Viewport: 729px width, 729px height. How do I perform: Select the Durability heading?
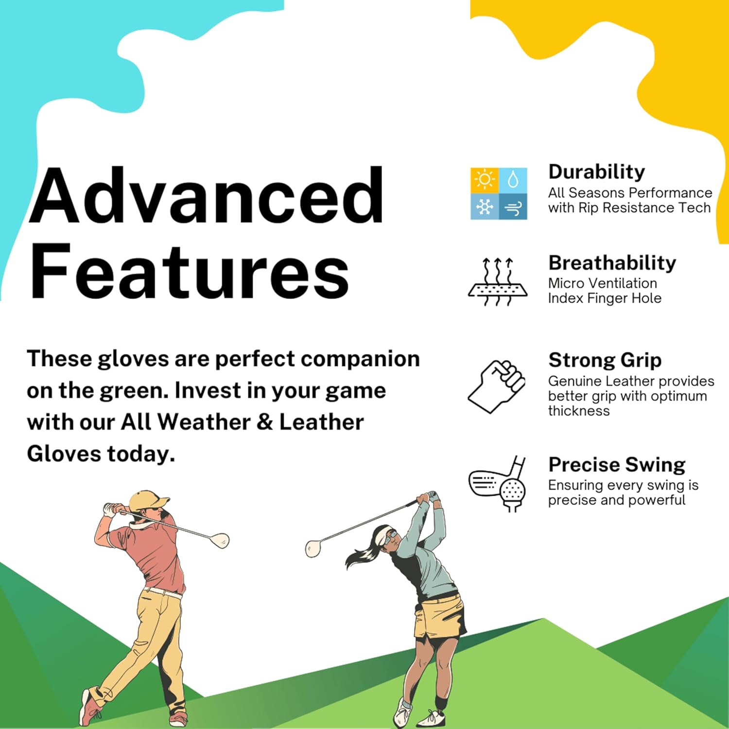pos(596,172)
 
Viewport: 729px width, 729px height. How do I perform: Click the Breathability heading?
pos(612,263)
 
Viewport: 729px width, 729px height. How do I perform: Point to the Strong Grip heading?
pos(605,360)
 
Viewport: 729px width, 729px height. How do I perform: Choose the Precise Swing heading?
pos(617,465)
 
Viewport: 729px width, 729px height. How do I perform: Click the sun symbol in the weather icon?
pos(485,180)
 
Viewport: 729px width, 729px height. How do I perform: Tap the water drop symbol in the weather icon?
pos(513,180)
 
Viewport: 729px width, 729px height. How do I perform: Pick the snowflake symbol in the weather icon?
pos(485,208)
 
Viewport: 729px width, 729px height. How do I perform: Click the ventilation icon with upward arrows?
pos(497,282)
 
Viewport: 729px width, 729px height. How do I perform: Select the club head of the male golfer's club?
pos(221,540)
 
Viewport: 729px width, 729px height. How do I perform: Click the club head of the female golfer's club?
pos(313,548)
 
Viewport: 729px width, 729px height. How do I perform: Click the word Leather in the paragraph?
pos(321,422)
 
